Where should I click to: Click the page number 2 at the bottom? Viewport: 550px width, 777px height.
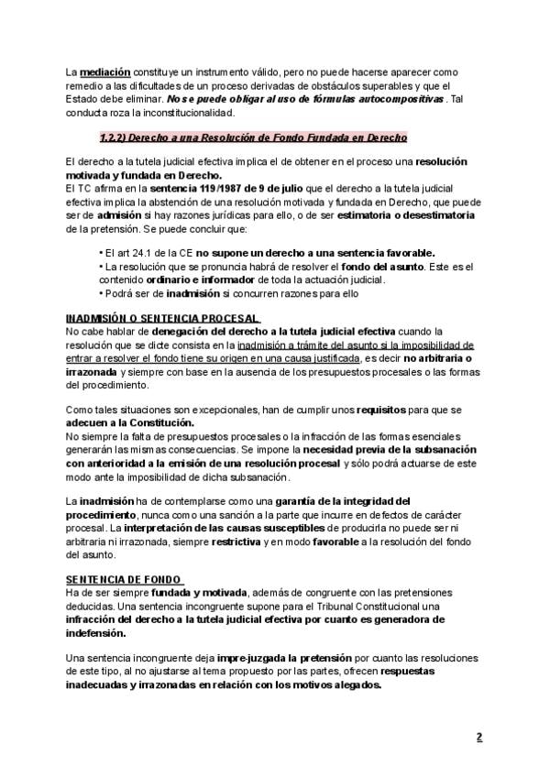tap(478, 738)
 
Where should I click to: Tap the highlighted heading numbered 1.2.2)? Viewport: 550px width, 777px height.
tap(253, 137)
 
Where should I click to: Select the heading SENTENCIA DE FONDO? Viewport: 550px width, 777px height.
tap(124, 580)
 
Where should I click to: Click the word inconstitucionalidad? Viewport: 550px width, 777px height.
tap(179, 113)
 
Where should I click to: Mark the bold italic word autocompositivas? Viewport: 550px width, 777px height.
tap(403, 99)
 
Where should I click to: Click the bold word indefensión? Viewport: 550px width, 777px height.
tap(103, 632)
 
